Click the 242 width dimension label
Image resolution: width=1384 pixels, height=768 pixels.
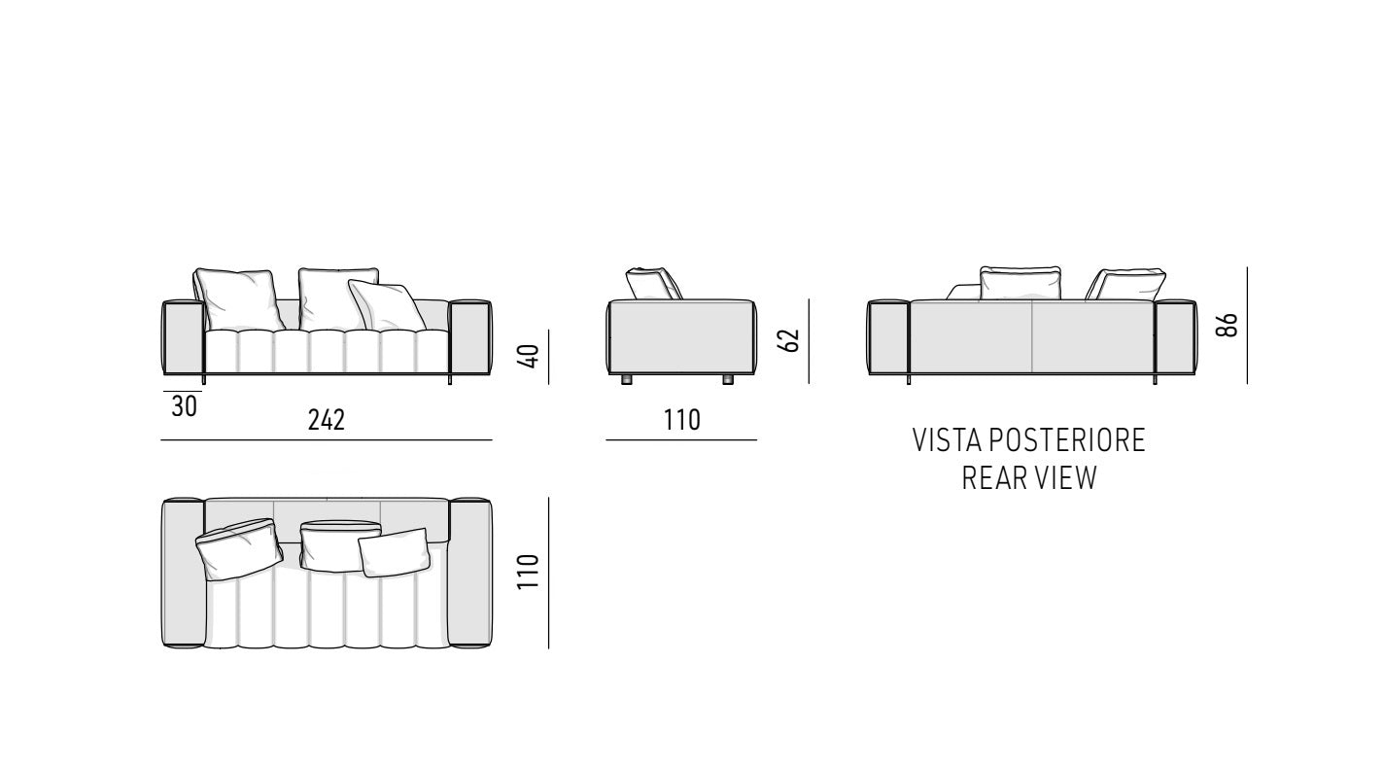point(327,420)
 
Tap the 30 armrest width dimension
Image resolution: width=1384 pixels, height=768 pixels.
point(184,406)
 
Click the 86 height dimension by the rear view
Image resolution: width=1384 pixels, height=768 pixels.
point(1228,325)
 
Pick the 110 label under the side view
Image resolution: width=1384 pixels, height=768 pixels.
point(682,420)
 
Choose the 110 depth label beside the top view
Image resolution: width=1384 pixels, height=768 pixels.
point(529,572)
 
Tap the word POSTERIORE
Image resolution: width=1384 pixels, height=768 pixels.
point(1068,440)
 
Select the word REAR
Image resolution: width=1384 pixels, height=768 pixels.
point(989,477)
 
